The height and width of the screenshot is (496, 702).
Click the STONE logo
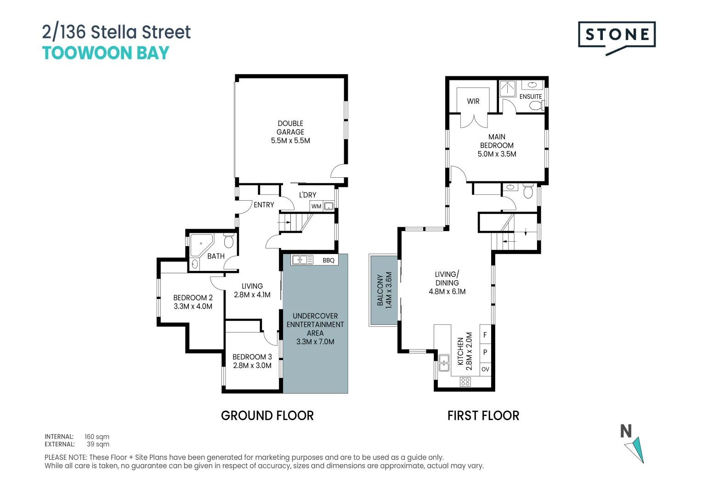(x=617, y=38)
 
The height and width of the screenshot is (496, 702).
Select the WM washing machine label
(x=316, y=206)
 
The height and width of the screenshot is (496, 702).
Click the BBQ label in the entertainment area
(x=328, y=260)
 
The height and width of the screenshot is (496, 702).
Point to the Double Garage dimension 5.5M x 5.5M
(x=290, y=141)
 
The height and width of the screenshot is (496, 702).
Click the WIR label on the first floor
(x=473, y=101)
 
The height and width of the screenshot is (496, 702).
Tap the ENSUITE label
(x=531, y=96)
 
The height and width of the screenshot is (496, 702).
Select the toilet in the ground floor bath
(x=228, y=240)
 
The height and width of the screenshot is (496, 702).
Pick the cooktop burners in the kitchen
(x=465, y=382)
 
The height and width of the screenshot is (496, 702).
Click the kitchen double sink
(x=444, y=363)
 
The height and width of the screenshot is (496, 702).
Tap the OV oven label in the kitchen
(x=485, y=369)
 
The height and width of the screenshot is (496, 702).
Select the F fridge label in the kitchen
(x=485, y=335)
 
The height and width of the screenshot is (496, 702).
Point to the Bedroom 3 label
(x=252, y=357)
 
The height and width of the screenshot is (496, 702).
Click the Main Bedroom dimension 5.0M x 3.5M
(x=497, y=154)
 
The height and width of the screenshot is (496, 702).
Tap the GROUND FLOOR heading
(x=267, y=416)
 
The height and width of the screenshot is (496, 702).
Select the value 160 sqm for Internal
(x=97, y=437)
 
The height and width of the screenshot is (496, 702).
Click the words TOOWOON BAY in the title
(x=106, y=53)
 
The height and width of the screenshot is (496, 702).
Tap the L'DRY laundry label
(x=307, y=195)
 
